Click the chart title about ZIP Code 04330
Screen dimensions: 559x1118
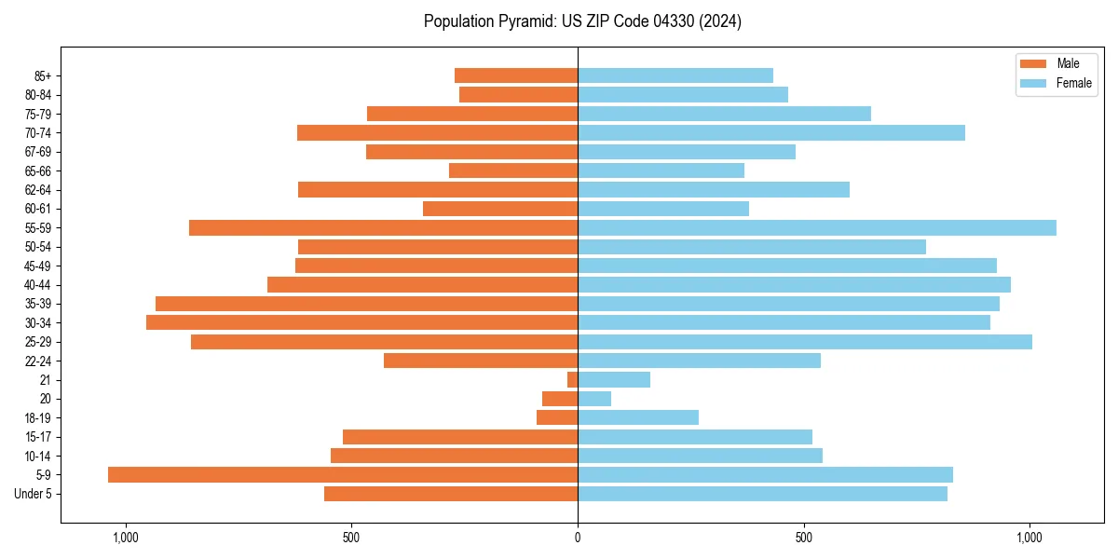pyautogui.click(x=582, y=21)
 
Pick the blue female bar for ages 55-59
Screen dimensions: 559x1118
pyautogui.click(x=817, y=227)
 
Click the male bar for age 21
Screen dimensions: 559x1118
pyautogui.click(x=572, y=379)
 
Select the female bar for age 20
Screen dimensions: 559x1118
pyautogui.click(x=594, y=399)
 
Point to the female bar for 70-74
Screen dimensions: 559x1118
pyautogui.click(x=771, y=132)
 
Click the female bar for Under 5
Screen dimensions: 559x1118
pyautogui.click(x=762, y=494)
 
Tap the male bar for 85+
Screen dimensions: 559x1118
pyautogui.click(x=516, y=75)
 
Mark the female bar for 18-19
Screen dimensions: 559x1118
pyautogui.click(x=638, y=417)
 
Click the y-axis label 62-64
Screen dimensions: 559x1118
pyautogui.click(x=38, y=190)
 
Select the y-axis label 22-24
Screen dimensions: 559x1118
pyautogui.click(x=38, y=361)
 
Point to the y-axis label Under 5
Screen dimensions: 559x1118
pyautogui.click(x=34, y=494)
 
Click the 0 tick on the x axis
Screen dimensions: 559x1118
pyautogui.click(x=578, y=538)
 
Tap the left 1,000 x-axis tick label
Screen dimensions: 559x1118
pyautogui.click(x=126, y=538)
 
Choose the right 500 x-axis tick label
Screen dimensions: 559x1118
pyautogui.click(x=804, y=538)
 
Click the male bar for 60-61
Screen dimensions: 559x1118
pyautogui.click(x=500, y=209)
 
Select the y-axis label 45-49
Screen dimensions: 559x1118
pyautogui.click(x=38, y=266)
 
